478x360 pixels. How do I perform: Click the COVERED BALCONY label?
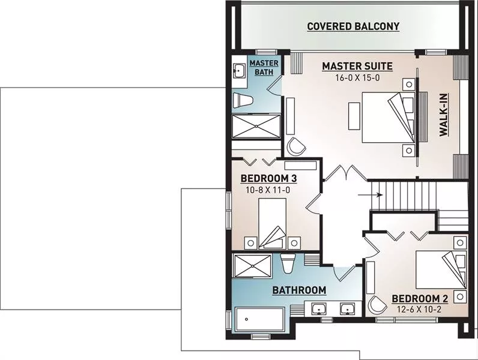(x=353, y=26)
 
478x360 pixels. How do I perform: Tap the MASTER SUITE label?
(x=357, y=66)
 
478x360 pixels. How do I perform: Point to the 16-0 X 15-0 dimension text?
(x=357, y=78)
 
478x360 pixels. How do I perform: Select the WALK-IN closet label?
(x=444, y=115)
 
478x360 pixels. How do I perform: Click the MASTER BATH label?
(x=264, y=68)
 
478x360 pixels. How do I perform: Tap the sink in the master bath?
(x=239, y=71)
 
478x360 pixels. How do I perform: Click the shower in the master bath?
(x=256, y=126)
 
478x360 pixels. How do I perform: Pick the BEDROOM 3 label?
(x=268, y=178)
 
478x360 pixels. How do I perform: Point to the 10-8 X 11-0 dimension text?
(x=268, y=190)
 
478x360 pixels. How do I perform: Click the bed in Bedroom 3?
(x=273, y=224)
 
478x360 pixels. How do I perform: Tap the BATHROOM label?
(x=299, y=290)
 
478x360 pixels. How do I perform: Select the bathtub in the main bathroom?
(x=260, y=320)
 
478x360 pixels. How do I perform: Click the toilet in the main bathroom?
(x=288, y=263)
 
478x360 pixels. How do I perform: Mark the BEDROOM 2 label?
(x=420, y=299)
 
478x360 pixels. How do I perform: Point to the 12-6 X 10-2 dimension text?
(x=419, y=310)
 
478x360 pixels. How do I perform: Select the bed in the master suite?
(x=389, y=117)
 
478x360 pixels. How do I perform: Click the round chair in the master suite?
(x=296, y=147)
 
